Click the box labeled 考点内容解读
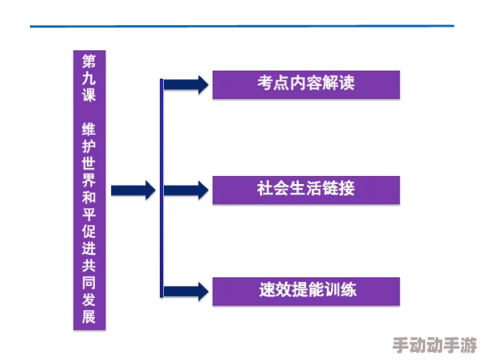[306, 84]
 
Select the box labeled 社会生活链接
[306, 190]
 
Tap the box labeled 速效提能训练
[306, 290]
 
